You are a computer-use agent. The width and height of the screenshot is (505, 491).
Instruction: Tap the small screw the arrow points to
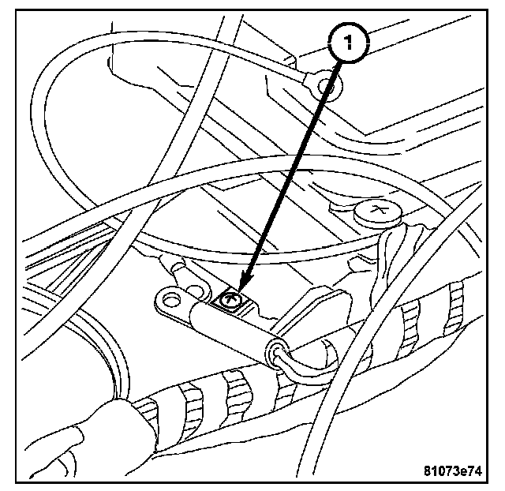(230, 300)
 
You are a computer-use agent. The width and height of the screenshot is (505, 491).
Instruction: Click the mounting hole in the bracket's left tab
(168, 299)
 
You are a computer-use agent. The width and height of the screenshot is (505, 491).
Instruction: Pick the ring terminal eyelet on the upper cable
(321, 88)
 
